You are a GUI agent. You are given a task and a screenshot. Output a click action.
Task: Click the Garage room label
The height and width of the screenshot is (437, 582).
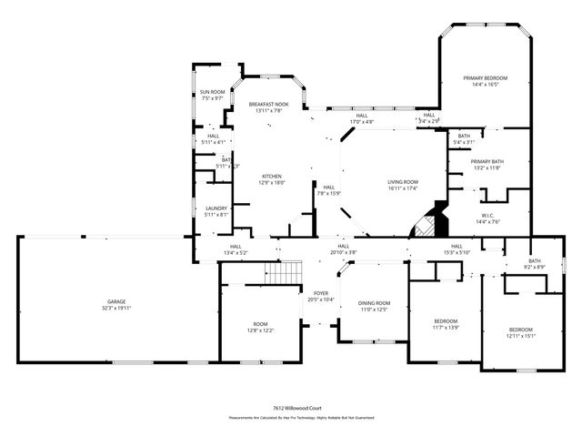click(x=115, y=301)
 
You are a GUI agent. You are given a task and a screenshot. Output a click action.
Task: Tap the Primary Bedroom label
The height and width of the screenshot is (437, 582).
click(x=484, y=78)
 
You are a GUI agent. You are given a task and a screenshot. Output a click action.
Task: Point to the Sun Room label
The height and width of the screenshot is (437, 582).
click(x=212, y=92)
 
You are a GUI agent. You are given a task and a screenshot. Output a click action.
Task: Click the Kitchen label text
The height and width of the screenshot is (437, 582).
click(x=272, y=176)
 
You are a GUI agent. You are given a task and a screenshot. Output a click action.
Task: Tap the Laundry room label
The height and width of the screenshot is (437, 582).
click(x=216, y=208)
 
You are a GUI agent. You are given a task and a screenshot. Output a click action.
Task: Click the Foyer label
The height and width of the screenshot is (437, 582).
click(x=321, y=293)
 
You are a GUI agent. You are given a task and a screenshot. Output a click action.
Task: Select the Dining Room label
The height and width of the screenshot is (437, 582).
click(x=374, y=303)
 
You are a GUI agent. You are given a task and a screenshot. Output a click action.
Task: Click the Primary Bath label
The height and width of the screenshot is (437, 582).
click(x=487, y=162)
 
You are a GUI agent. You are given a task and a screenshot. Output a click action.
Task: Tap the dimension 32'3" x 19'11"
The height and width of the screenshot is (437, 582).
click(x=115, y=308)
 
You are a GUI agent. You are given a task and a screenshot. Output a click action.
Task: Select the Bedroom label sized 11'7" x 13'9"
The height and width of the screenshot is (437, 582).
click(x=445, y=320)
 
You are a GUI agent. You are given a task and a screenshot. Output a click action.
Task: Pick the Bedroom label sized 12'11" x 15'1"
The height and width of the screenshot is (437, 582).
click(x=520, y=330)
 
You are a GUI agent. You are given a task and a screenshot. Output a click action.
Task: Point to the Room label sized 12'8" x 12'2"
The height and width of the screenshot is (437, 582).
click(x=260, y=325)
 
